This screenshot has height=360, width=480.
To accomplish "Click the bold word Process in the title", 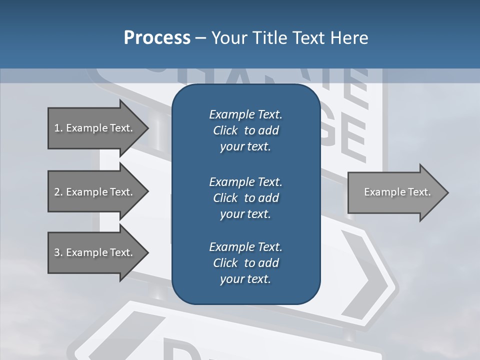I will (157, 38).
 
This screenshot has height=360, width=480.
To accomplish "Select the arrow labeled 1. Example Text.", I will (93, 128).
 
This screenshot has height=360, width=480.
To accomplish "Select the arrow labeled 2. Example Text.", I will (93, 192).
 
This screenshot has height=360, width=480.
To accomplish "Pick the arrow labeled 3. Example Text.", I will (93, 252).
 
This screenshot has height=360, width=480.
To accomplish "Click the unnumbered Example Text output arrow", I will (397, 192).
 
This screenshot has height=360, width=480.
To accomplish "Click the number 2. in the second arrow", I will (58, 192).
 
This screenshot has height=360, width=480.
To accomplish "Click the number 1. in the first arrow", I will (58, 128).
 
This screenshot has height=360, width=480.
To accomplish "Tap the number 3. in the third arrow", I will (58, 252).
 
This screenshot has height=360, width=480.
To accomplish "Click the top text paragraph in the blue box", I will (245, 130).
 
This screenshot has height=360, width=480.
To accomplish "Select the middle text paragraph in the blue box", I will (245, 197).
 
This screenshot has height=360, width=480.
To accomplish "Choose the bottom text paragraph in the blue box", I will (245, 263).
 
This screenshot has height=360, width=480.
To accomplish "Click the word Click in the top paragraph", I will (225, 130).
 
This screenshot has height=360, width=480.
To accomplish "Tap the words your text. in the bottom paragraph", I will (245, 279).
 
